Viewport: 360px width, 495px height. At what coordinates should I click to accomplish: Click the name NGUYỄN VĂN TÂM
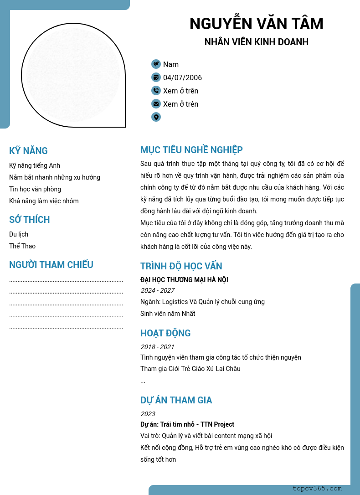point(256,24)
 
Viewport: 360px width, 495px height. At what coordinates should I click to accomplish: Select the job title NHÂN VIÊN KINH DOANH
point(256,42)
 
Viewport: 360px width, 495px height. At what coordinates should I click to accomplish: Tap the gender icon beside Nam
point(156,64)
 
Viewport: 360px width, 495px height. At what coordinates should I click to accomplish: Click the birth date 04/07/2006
point(182,78)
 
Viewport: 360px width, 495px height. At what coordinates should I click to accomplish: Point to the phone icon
point(156,91)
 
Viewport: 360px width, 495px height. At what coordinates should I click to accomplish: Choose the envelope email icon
point(156,104)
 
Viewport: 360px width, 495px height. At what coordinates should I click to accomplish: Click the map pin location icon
point(156,117)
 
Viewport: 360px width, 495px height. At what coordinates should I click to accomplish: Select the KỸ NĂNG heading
point(28,151)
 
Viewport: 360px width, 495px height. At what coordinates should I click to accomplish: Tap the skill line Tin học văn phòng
point(35,189)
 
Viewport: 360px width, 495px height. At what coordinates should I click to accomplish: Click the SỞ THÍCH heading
point(30,220)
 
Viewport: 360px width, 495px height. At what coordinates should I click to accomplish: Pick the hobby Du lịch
point(19,234)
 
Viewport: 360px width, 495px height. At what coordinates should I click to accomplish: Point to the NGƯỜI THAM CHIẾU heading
point(51,265)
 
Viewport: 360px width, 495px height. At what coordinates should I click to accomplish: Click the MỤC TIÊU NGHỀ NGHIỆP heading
point(191,150)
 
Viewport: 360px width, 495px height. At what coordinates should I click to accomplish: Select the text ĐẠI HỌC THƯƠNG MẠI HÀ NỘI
point(184,280)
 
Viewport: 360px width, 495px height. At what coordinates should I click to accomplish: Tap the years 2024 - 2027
point(157,290)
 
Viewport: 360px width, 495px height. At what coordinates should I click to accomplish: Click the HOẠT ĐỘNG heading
point(165,333)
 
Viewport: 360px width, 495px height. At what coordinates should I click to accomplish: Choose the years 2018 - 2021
point(157,347)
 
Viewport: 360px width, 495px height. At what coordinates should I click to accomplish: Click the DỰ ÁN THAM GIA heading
point(176,400)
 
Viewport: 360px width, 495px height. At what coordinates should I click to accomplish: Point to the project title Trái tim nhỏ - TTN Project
point(197,424)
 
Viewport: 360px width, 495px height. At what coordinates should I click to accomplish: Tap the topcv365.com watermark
point(317,489)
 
